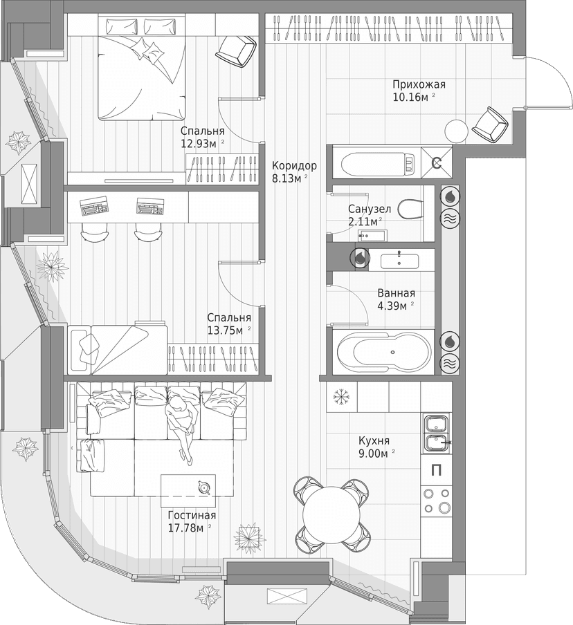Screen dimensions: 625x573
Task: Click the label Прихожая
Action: click(419, 84)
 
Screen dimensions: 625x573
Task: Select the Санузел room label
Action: click(370, 208)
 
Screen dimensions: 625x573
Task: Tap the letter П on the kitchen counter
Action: click(436, 471)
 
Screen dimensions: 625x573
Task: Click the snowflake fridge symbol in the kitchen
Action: click(340, 397)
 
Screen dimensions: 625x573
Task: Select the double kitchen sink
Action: click(436, 432)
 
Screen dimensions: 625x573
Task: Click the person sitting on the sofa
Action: click(182, 425)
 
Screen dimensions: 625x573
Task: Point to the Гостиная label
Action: click(192, 516)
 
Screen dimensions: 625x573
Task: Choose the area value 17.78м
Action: click(186, 529)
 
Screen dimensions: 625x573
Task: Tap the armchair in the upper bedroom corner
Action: click(236, 50)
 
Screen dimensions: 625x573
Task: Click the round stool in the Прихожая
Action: click(457, 131)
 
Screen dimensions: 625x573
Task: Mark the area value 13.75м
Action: click(225, 330)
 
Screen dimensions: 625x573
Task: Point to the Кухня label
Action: click(374, 440)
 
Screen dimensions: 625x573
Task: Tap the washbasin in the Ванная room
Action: click(399, 260)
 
